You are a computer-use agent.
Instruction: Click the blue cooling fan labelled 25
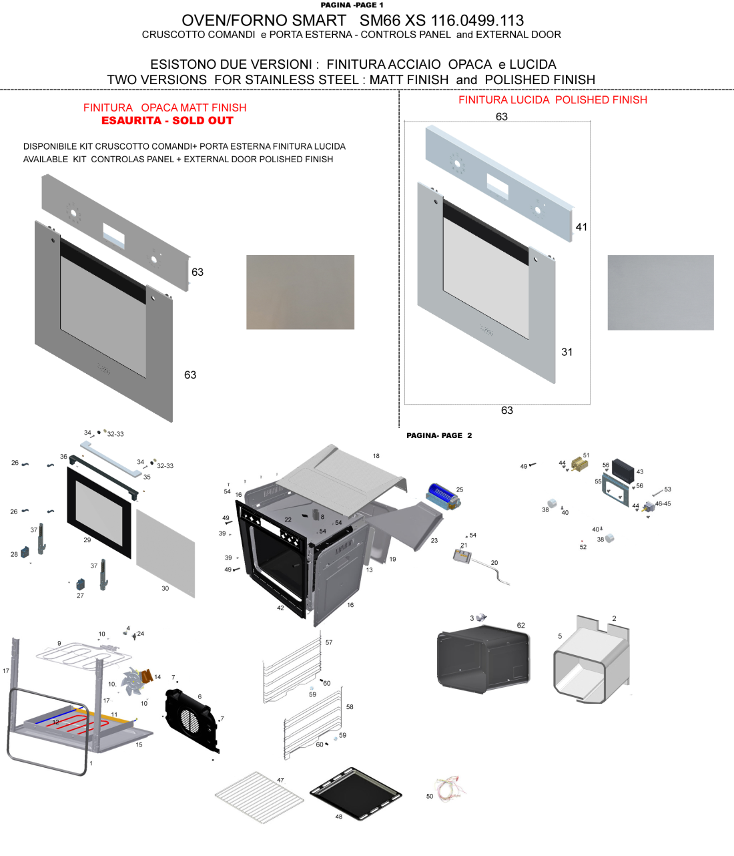[443, 496]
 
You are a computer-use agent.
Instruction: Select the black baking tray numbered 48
[356, 793]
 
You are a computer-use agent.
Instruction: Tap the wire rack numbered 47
[260, 797]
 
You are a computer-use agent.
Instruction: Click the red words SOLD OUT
[203, 120]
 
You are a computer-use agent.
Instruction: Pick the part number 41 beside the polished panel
[581, 227]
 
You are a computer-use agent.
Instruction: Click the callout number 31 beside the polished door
[567, 352]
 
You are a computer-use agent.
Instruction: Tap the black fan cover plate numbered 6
[191, 720]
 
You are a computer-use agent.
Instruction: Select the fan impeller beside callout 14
[132, 681]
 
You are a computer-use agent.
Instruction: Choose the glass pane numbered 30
[165, 554]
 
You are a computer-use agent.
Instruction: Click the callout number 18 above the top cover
[376, 456]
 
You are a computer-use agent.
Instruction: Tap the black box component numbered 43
[623, 471]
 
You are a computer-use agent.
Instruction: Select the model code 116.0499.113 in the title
[477, 20]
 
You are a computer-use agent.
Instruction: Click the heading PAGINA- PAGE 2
[439, 435]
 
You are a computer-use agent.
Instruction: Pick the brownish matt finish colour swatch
[300, 292]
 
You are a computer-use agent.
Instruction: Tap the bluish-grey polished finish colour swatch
[661, 292]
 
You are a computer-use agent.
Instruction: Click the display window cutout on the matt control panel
[114, 235]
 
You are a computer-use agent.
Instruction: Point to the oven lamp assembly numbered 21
[462, 556]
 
